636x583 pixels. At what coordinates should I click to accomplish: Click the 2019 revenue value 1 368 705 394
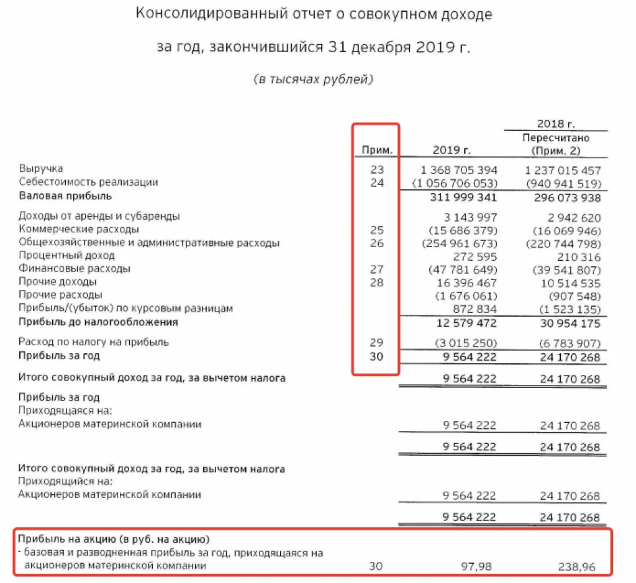[x=459, y=169]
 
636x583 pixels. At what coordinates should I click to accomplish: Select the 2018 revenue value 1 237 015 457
[x=561, y=169]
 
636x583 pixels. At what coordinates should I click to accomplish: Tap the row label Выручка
[x=41, y=169]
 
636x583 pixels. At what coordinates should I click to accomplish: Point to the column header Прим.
[x=377, y=150]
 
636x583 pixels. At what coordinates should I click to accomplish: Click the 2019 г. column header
[x=452, y=150]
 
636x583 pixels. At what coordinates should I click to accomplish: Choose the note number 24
[x=377, y=183]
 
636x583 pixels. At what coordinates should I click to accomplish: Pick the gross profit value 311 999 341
[x=463, y=197]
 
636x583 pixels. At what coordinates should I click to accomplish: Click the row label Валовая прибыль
[x=65, y=196]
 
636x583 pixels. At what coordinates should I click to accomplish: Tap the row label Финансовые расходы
[x=75, y=269]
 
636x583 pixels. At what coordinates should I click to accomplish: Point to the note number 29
[x=377, y=343]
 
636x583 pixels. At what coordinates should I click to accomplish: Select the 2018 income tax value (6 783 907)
[x=566, y=343]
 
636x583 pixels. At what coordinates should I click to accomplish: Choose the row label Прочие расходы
[x=60, y=295]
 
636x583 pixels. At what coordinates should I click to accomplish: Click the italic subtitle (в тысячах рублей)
[x=314, y=79]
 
